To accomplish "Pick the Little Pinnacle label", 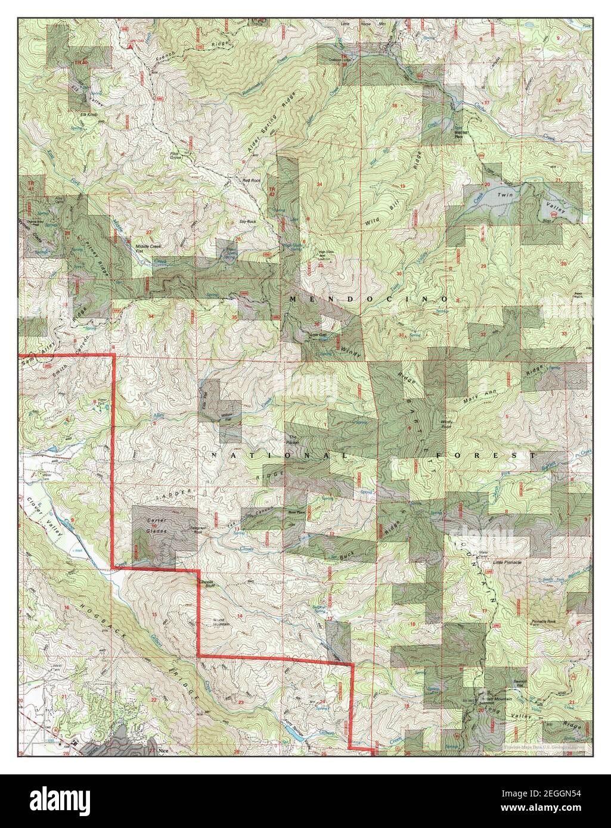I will pyautogui.click(x=507, y=562).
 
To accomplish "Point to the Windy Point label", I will pyautogui.click(x=448, y=424).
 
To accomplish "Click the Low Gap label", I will pyautogui.click(x=318, y=335).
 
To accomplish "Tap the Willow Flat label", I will pyautogui.click(x=227, y=416).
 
